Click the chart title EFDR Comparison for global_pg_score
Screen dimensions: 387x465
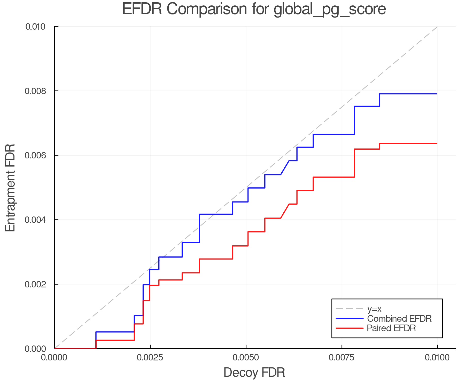[x=254, y=9]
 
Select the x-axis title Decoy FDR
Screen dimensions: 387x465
[x=254, y=373]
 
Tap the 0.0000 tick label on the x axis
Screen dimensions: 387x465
[x=54, y=358]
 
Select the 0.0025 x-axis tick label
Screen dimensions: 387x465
[x=150, y=358]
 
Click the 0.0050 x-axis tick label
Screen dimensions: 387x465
[x=246, y=358]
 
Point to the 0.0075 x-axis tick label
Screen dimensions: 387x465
[x=342, y=358]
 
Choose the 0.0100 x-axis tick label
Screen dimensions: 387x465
[x=437, y=358]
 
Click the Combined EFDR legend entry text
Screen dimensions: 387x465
[x=399, y=319]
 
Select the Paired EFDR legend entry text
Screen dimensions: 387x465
[x=391, y=328]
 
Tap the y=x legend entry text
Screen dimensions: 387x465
[x=374, y=309]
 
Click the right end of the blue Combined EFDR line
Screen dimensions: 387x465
[x=437, y=94]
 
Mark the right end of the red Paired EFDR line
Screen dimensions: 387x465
[x=437, y=143]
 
